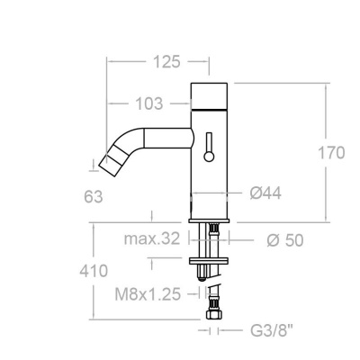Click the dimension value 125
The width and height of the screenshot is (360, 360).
pyautogui.click(x=164, y=61)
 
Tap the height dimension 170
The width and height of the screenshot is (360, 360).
pyautogui.click(x=330, y=152)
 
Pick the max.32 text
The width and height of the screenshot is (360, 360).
pyautogui.click(x=152, y=238)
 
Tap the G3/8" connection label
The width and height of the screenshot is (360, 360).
pyautogui.click(x=267, y=332)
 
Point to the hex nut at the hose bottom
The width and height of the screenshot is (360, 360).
pyautogui.click(x=213, y=318)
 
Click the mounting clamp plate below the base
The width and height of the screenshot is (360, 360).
pyautogui.click(x=212, y=262)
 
